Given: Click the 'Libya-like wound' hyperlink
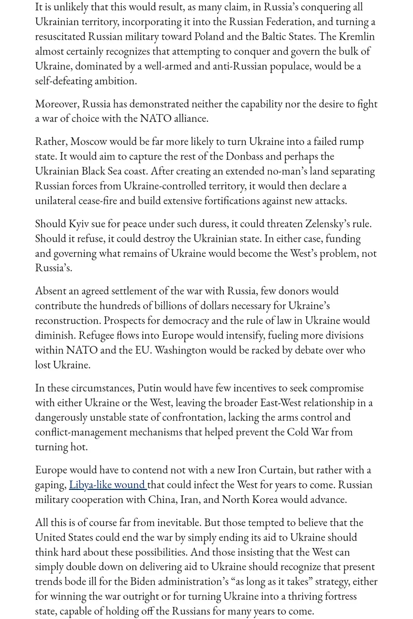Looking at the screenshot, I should [107, 485].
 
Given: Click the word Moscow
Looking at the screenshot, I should [88, 142].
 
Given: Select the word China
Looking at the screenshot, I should [162, 500].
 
